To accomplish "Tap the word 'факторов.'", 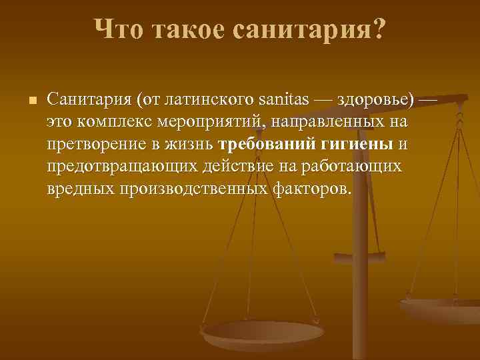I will (311, 188).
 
